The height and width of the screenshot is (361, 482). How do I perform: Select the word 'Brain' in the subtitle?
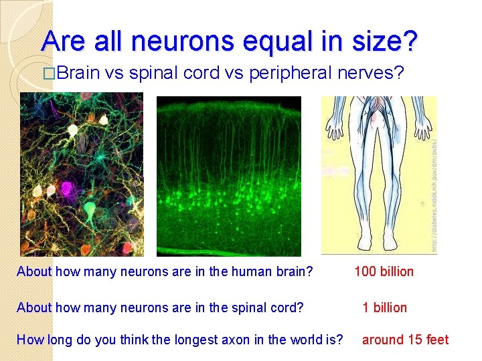(78, 73)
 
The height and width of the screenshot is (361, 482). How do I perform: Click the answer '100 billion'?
(384, 271)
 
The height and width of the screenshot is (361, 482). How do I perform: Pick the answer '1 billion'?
(384, 308)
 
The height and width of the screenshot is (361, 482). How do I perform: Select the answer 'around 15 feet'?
(405, 340)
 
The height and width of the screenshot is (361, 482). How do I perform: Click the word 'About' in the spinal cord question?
(34, 308)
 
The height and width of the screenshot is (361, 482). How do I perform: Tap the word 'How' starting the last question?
(29, 340)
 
